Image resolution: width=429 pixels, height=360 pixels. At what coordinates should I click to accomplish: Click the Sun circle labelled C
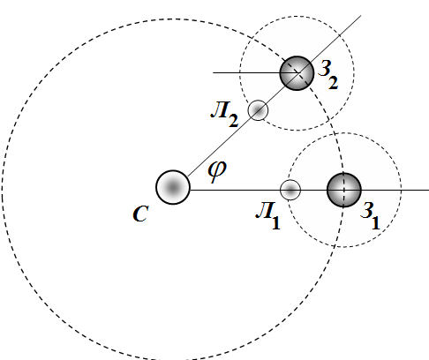173,187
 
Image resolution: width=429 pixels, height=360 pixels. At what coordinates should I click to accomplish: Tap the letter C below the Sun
140,214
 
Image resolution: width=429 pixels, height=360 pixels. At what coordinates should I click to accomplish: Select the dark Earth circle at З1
344,190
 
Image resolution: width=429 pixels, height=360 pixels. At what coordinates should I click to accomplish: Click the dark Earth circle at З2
297,73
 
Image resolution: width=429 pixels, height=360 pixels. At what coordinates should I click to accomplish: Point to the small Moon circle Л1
290,190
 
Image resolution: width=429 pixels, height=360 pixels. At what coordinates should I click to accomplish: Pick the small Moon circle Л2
258,110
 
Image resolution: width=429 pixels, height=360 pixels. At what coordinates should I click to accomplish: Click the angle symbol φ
217,170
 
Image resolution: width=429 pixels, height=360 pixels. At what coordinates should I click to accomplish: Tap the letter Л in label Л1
265,211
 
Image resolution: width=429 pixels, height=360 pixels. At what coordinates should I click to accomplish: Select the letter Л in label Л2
220,110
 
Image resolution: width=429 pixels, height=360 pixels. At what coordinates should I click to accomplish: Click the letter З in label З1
367,211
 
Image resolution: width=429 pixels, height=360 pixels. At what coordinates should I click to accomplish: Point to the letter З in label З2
326,69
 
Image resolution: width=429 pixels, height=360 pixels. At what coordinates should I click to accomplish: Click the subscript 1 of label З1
375,223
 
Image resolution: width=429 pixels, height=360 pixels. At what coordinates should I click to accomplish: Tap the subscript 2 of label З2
334,83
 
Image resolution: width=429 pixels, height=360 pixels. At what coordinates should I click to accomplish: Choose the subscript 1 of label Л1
275,222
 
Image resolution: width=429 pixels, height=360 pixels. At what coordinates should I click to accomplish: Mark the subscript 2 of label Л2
233,121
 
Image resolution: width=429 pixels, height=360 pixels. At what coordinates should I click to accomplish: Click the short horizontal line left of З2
255,72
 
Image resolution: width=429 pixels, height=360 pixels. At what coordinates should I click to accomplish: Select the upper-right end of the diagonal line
361,16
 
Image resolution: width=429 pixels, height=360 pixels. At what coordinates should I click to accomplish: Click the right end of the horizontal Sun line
428,190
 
